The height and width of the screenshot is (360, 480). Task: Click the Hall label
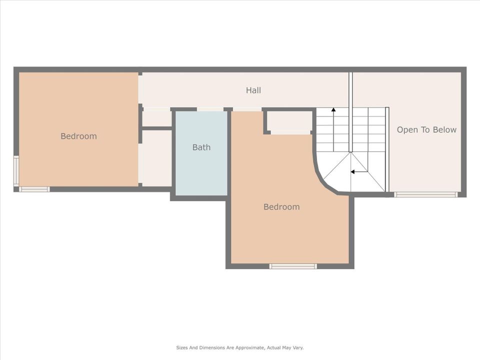(x=253, y=90)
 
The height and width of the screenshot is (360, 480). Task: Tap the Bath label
(x=201, y=147)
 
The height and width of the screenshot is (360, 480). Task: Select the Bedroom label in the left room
(x=78, y=136)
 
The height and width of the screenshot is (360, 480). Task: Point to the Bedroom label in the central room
(x=281, y=206)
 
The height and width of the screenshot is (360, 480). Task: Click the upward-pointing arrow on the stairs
(x=333, y=110)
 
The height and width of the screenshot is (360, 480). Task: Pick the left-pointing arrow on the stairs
(x=353, y=171)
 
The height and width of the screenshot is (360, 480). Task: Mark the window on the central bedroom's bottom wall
(x=293, y=266)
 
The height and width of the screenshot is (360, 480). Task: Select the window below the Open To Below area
(x=425, y=194)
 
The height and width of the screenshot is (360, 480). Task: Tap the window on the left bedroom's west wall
(x=16, y=171)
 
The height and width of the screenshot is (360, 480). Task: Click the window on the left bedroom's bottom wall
(x=34, y=189)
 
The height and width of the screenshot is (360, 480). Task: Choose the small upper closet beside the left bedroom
(x=157, y=118)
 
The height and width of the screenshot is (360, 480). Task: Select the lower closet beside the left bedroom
(x=157, y=157)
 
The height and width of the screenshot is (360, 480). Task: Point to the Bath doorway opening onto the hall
(x=210, y=109)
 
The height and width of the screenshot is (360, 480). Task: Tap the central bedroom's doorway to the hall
(x=247, y=109)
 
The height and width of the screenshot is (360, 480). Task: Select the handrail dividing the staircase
(x=350, y=112)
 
